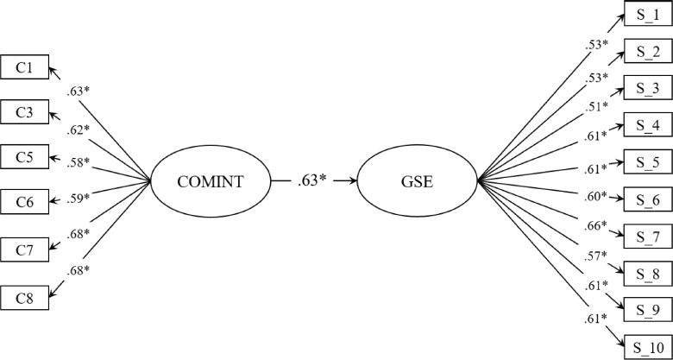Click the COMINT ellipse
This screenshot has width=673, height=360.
pyautogui.click(x=211, y=181)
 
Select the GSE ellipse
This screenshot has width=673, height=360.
pyautogui.click(x=417, y=181)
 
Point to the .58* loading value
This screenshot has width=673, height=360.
pyautogui.click(x=77, y=162)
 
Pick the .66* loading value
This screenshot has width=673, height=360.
pyautogui.click(x=595, y=226)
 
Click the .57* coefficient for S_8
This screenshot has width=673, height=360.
pyautogui.click(x=594, y=256)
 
